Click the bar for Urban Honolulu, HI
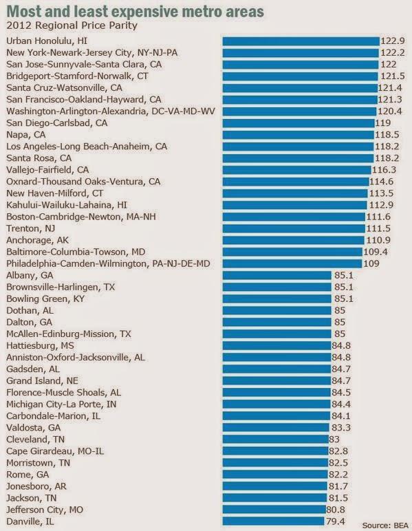tap(301, 41)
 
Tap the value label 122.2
tap(391, 52)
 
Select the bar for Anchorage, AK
tap(293, 240)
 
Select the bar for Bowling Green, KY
tap(277, 299)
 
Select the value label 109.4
tap(373, 252)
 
